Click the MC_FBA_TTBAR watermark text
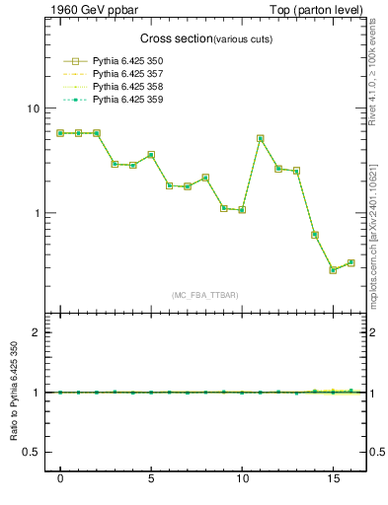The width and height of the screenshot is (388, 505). pos(204,295)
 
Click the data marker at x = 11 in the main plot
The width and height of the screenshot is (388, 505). pos(260,139)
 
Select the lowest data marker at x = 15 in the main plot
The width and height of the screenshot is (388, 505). pos(333,270)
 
